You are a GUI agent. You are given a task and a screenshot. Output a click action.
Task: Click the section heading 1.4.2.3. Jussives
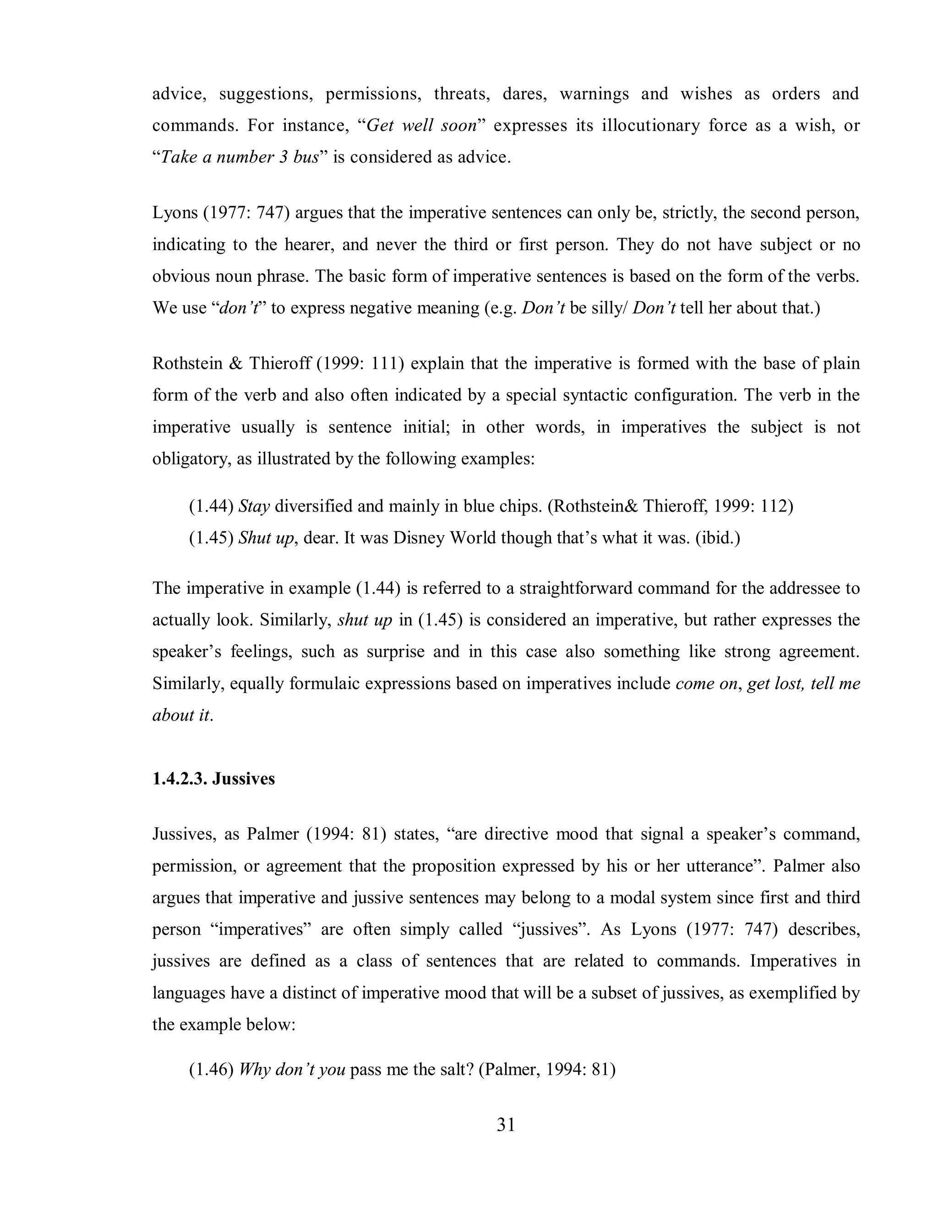[213, 779]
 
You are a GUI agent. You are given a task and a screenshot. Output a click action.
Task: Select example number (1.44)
[211, 506]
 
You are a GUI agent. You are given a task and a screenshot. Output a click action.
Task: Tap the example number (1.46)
[211, 1070]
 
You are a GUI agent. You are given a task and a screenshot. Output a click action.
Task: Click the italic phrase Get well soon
[422, 126]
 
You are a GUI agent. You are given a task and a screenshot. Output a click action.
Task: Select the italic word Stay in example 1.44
[254, 506]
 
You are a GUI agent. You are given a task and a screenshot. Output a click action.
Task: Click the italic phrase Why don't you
[292, 1070]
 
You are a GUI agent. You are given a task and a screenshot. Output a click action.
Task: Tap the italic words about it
[182, 715]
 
